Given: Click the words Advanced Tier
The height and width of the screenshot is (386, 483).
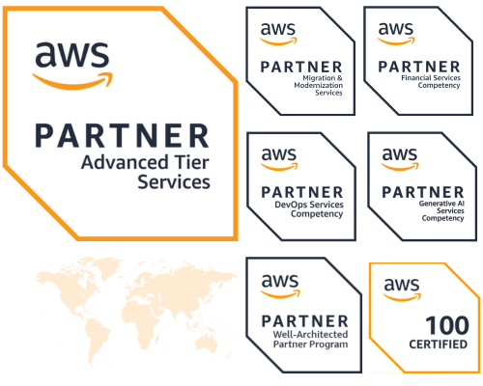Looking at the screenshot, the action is pyautogui.click(x=145, y=162).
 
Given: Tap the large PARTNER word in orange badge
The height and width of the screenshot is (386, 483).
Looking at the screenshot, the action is pyautogui.click(x=122, y=136).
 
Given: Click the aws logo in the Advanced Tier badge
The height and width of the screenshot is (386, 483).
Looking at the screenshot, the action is pyautogui.click(x=72, y=66).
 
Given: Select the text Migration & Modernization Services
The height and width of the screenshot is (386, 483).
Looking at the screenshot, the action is pyautogui.click(x=318, y=85).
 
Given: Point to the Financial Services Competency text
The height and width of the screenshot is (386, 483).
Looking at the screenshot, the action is pyautogui.click(x=431, y=82).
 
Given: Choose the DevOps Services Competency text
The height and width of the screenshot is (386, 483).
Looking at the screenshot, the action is pyautogui.click(x=309, y=209).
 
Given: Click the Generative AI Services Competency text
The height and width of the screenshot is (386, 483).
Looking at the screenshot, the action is pyautogui.click(x=441, y=210).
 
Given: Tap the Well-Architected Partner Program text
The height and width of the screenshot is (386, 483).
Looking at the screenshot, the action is pyautogui.click(x=311, y=340).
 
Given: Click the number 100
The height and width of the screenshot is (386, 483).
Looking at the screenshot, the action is pyautogui.click(x=447, y=325).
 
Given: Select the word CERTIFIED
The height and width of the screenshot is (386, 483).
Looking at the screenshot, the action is pyautogui.click(x=439, y=345).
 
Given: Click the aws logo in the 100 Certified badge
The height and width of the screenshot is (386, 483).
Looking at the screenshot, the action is pyautogui.click(x=402, y=289).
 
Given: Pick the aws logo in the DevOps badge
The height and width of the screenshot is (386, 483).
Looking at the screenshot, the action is pyautogui.click(x=279, y=159).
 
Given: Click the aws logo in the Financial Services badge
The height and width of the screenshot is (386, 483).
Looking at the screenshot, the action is pyautogui.click(x=396, y=34).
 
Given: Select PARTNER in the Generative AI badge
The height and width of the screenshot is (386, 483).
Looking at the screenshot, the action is pyautogui.click(x=423, y=192).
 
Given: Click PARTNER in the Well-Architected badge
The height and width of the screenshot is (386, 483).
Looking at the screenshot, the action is pyautogui.click(x=305, y=321).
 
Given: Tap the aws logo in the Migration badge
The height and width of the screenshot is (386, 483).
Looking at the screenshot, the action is pyautogui.click(x=278, y=34).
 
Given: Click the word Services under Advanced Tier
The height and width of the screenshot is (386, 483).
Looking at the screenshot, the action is pyautogui.click(x=174, y=182).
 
